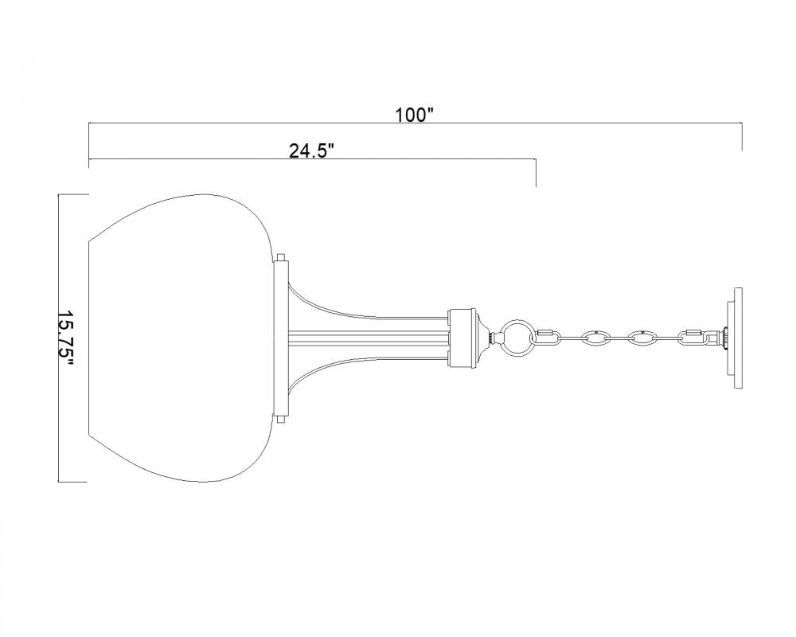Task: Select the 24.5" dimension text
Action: tap(312, 150)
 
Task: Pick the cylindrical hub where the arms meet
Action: tap(462, 338)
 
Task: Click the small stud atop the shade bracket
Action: tap(281, 257)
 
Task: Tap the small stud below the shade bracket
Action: tap(281, 420)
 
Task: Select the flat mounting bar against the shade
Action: tap(281, 339)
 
